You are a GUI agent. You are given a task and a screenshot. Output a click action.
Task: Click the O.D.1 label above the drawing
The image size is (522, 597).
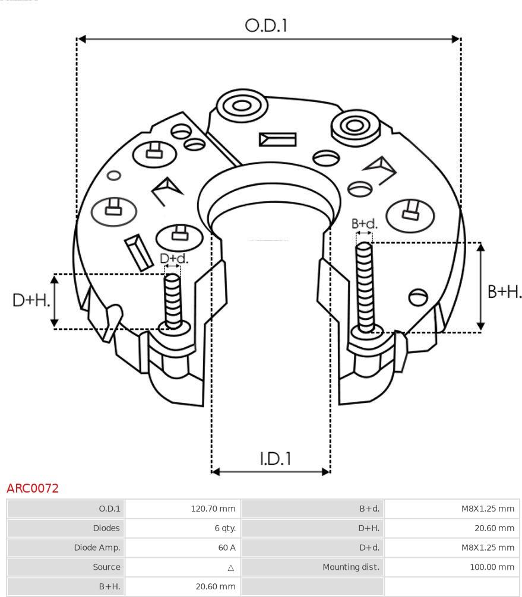[x=266, y=26]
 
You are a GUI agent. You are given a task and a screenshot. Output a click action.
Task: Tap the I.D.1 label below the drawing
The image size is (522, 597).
[x=276, y=459]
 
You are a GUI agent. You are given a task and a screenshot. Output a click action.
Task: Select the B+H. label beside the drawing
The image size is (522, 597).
[x=504, y=291]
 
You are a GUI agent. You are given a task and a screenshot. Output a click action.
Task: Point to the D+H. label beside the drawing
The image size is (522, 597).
[x=31, y=300]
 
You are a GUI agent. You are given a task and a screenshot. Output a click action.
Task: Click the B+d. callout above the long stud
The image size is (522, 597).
[x=364, y=224]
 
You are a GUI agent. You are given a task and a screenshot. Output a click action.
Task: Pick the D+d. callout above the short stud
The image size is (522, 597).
[x=174, y=259]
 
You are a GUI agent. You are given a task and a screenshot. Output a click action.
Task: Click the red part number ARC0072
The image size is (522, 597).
[x=33, y=488]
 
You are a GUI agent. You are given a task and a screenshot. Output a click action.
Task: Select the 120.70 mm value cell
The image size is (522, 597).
[x=213, y=509]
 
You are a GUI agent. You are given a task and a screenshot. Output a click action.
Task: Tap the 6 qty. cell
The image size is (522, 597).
[x=225, y=528]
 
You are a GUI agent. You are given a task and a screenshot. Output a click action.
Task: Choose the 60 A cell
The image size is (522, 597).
[x=227, y=548]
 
